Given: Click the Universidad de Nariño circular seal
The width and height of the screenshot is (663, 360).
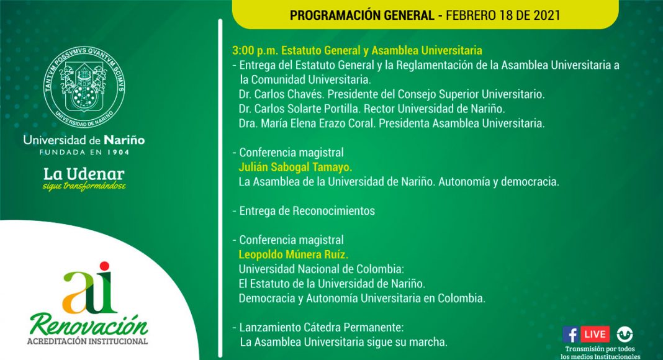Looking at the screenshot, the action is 84,87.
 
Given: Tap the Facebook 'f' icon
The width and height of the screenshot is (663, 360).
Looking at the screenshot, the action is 571,334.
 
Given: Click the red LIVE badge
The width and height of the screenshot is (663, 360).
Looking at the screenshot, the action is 595,334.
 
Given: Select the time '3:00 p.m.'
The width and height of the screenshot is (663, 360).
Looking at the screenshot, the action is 255,51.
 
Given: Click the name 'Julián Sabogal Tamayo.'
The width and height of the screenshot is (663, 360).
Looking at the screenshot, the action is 295,168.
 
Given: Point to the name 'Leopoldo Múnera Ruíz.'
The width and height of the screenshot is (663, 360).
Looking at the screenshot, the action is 294,254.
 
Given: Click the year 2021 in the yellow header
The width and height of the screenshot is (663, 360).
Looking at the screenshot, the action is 546,16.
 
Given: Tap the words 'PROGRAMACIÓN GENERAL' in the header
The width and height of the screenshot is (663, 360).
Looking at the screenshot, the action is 363,16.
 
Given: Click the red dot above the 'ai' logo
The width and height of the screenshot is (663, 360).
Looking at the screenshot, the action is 104,266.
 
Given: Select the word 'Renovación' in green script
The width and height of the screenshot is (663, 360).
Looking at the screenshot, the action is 89,325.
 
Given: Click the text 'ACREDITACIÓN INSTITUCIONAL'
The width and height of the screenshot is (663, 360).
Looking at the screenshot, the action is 88,341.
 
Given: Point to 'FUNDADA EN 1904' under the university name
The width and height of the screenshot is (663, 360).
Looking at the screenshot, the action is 84,152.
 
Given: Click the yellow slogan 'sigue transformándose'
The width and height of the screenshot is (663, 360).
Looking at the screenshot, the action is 84,186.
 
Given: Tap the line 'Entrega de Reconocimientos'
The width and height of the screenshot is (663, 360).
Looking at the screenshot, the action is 307,211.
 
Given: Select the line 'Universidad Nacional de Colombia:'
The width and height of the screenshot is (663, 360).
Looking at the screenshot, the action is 322,269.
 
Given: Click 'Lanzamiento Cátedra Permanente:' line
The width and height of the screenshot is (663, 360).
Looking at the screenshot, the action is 322,328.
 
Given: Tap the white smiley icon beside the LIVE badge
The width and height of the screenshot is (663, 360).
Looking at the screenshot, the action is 624,334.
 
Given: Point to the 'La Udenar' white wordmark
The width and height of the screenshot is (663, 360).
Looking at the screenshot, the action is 84,174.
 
